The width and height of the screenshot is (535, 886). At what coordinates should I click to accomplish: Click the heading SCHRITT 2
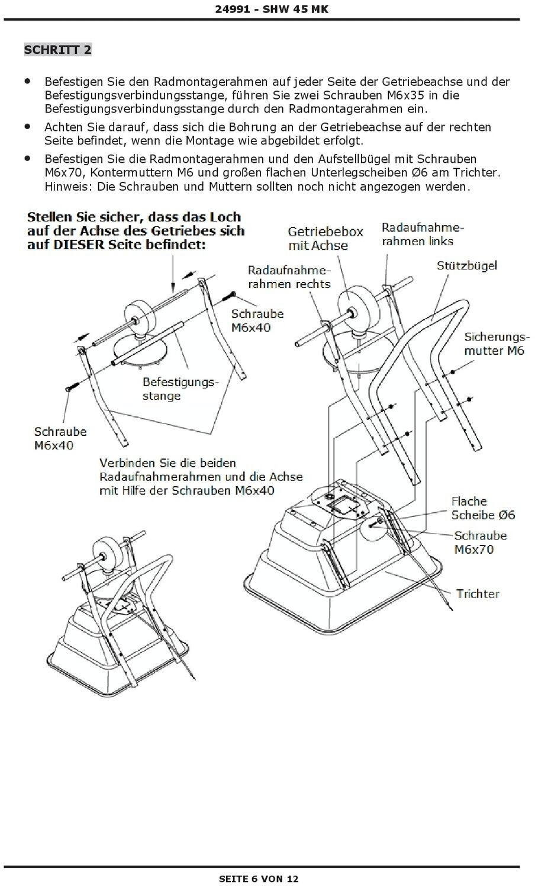point(57,49)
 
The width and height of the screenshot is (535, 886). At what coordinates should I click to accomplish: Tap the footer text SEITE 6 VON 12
point(259,878)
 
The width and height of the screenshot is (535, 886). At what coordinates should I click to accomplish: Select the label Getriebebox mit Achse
point(325,238)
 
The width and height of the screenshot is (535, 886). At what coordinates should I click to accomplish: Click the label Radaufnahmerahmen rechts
point(289,277)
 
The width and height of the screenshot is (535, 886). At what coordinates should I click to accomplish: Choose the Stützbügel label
point(467,265)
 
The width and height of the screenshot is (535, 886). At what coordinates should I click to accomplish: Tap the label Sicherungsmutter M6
point(494,344)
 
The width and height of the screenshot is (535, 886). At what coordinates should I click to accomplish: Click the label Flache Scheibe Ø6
point(483,508)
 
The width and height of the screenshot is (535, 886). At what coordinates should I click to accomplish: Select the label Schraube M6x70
point(481,542)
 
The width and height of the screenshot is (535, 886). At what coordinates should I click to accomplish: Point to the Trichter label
point(478,593)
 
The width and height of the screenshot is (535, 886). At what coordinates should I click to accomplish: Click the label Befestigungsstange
point(180,389)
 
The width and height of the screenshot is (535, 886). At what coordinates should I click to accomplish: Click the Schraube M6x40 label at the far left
point(60,438)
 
